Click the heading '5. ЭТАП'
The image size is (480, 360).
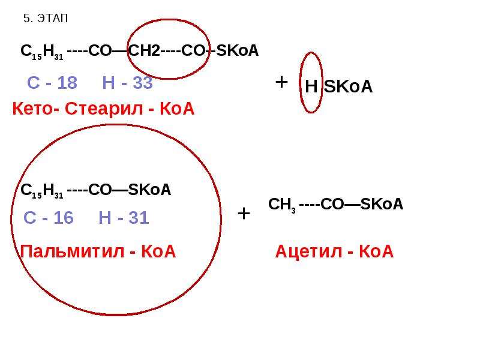coord(46,19)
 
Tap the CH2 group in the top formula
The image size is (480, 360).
coord(144,50)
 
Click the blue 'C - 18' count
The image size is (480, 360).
coord(52,83)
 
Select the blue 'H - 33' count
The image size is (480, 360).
coord(127,83)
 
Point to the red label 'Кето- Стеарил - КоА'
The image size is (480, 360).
coord(103,109)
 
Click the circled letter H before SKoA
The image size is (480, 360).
coord(311,86)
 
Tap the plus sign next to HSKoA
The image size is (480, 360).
coord(281,82)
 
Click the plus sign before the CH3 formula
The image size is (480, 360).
coord(244,214)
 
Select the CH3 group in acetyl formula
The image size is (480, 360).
coord(282,205)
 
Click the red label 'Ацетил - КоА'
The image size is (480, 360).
coord(334,251)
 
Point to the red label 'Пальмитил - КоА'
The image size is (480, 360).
coord(98,251)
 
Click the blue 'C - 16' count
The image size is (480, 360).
coord(49,218)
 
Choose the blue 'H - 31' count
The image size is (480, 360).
coord(124,218)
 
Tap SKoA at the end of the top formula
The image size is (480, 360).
coord(237,50)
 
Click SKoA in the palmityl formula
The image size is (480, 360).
coord(149,190)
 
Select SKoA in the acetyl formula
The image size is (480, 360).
coord(382,204)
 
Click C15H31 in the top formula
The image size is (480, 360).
coord(42,52)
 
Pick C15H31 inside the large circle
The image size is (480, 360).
coord(42,191)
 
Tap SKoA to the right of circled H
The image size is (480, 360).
coord(349,86)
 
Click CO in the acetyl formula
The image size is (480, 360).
coord(332,204)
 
